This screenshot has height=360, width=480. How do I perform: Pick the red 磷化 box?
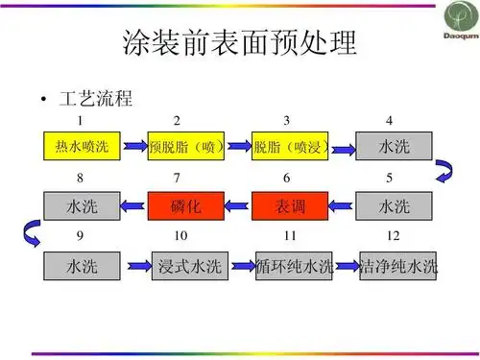pyautogui.click(x=185, y=205)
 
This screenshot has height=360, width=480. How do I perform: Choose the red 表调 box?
pyautogui.click(x=290, y=205)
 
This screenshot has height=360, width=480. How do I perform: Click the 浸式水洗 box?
pyautogui.click(x=186, y=266)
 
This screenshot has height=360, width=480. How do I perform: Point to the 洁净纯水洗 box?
pyautogui.click(x=397, y=266)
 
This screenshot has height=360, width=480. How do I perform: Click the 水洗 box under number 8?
pyautogui.click(x=81, y=205)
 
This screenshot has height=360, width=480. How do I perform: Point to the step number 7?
pyautogui.click(x=177, y=179)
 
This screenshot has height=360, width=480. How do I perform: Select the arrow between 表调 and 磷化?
pyautogui.click(x=237, y=205)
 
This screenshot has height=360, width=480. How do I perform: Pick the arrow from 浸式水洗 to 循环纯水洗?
pyautogui.click(x=239, y=266)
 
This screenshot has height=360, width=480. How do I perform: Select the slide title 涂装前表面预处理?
pyautogui.click(x=240, y=44)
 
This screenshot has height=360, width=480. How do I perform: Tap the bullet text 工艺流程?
pyautogui.click(x=95, y=99)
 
